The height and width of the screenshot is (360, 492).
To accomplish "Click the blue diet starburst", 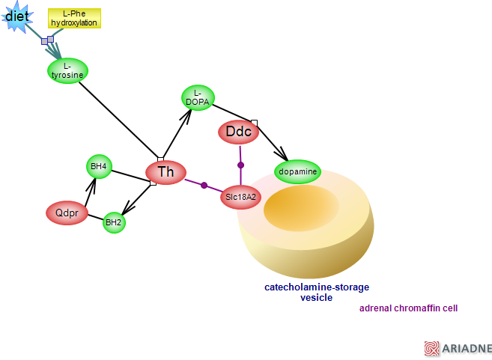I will click(16, 16).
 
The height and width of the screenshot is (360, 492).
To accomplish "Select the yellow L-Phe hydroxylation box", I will click(74, 19).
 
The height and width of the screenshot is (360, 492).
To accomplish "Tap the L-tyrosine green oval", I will click(67, 70).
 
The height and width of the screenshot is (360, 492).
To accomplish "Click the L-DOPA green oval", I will click(198, 97).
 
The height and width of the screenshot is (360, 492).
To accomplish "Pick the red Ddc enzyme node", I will click(239, 132).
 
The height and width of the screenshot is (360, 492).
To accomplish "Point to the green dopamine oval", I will click(297, 172).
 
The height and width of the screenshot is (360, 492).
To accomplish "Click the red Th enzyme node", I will click(165, 172).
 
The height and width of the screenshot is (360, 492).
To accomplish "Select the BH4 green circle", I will click(99, 166).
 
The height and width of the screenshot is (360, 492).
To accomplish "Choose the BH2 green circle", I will click(113, 222).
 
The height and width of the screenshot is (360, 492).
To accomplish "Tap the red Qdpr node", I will click(67, 213).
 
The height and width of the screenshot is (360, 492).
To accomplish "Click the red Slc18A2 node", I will click(240, 197).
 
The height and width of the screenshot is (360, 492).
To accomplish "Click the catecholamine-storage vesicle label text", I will click(316, 292).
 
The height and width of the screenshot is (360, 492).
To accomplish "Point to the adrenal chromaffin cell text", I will click(408, 308).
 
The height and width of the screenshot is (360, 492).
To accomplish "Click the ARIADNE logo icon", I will click(431, 348).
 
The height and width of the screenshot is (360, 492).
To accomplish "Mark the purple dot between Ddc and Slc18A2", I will click(240, 165).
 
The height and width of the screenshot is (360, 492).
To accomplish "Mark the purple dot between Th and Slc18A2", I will click(204, 185).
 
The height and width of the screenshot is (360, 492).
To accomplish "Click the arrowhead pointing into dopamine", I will click(282, 155).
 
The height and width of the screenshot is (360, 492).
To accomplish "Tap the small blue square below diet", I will click(50, 39).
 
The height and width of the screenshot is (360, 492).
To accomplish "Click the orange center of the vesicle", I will click(301, 205).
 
